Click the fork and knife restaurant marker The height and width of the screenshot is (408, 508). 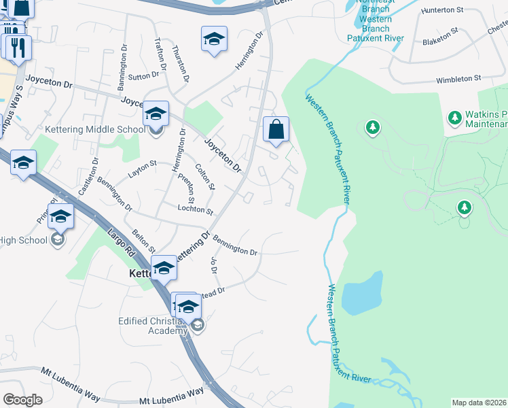point(16,47)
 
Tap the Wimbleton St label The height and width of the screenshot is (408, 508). point(458,79)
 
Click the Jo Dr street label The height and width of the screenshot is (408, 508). point(213,266)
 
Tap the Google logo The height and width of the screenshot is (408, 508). point(22,400)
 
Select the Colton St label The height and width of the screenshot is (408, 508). point(204,177)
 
